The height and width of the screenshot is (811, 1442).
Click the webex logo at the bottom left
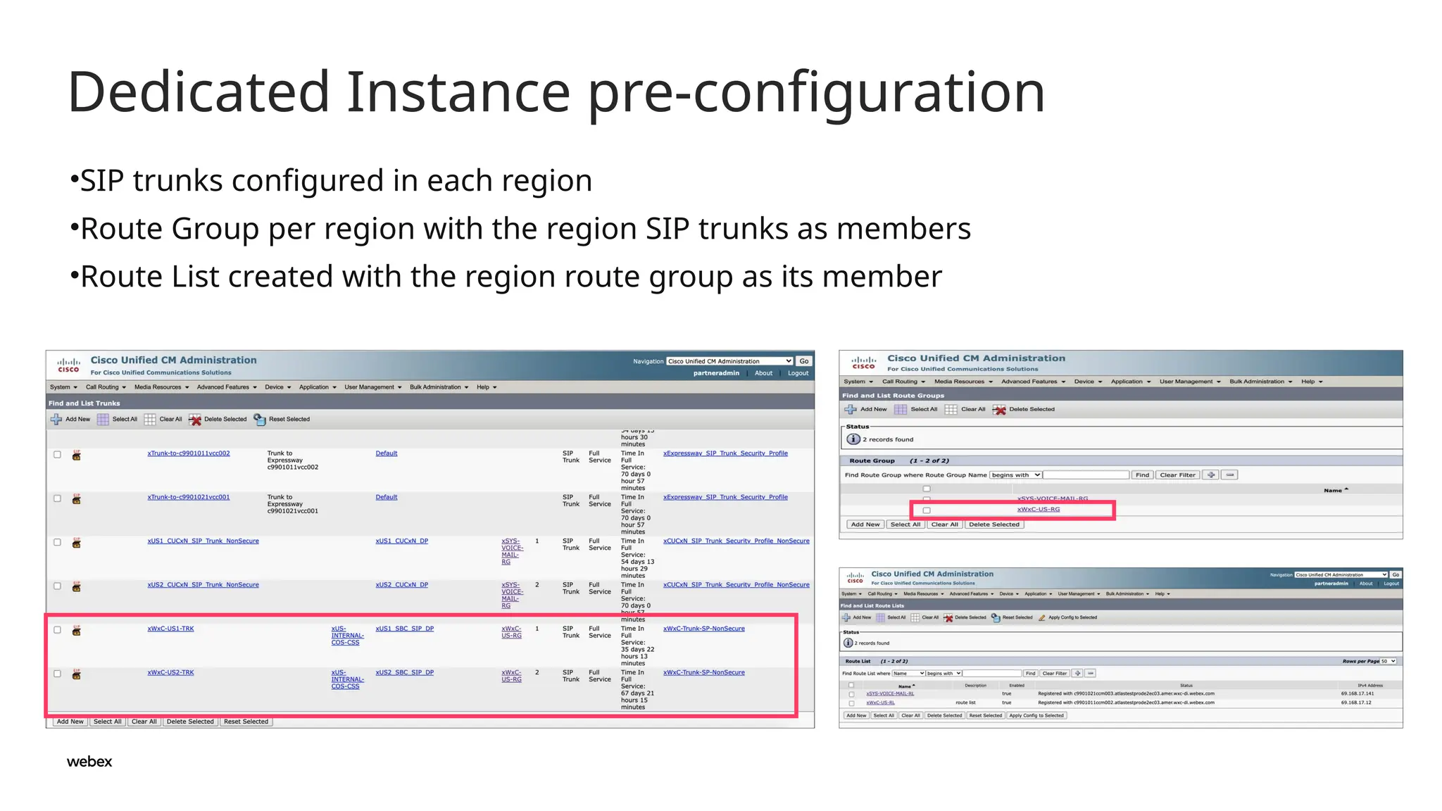[89, 762]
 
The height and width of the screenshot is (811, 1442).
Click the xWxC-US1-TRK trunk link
[170, 629]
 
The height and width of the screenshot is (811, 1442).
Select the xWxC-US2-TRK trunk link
[170, 672]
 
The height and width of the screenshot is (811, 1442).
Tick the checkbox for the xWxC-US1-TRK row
[58, 630]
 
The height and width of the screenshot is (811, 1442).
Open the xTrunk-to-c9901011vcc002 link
[189, 453]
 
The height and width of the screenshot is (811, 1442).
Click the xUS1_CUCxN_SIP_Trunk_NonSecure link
[203, 541]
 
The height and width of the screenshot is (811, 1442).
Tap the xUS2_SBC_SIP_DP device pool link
[404, 672]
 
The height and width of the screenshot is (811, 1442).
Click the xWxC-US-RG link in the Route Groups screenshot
[1038, 510]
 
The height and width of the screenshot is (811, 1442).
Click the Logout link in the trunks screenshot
[798, 373]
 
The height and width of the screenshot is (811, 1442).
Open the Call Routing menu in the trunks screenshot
[106, 387]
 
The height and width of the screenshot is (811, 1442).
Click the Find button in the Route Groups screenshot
[1142, 475]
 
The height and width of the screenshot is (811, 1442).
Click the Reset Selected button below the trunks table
[246, 722]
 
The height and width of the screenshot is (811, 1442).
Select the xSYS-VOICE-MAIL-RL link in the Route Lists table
[890, 693]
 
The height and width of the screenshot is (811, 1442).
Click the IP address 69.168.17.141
[1357, 693]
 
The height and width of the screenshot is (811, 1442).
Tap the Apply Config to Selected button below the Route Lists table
[1036, 716]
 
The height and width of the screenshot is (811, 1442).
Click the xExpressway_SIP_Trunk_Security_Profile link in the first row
[725, 453]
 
